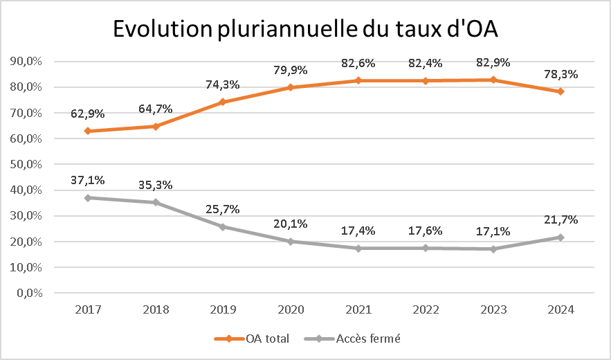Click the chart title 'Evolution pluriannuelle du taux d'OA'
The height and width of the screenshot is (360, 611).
[x=306, y=29]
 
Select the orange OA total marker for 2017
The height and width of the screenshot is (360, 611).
[x=88, y=131]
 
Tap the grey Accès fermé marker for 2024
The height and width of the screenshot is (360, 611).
[x=560, y=237]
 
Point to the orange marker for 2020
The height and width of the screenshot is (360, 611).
[x=291, y=87]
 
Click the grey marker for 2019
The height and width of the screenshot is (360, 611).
[x=223, y=226]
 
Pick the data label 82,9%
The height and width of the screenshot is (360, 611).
[x=493, y=62]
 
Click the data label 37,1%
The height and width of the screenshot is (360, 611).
[x=88, y=180]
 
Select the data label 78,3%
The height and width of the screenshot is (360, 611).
[x=560, y=74]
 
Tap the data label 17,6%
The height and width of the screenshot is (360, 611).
[x=425, y=231]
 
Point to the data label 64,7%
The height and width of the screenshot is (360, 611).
[x=156, y=109]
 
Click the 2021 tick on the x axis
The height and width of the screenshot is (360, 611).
[x=358, y=309]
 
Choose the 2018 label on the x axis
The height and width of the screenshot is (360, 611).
[x=156, y=309]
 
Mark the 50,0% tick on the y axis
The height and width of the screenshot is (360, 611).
[x=26, y=164]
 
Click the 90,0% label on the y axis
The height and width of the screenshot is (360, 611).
[x=26, y=61]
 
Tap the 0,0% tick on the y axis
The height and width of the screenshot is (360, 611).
[x=29, y=293]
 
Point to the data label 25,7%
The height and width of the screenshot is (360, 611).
[x=223, y=210]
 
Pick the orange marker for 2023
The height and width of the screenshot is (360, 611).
[x=493, y=80]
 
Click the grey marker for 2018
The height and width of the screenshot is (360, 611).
[x=156, y=202]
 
